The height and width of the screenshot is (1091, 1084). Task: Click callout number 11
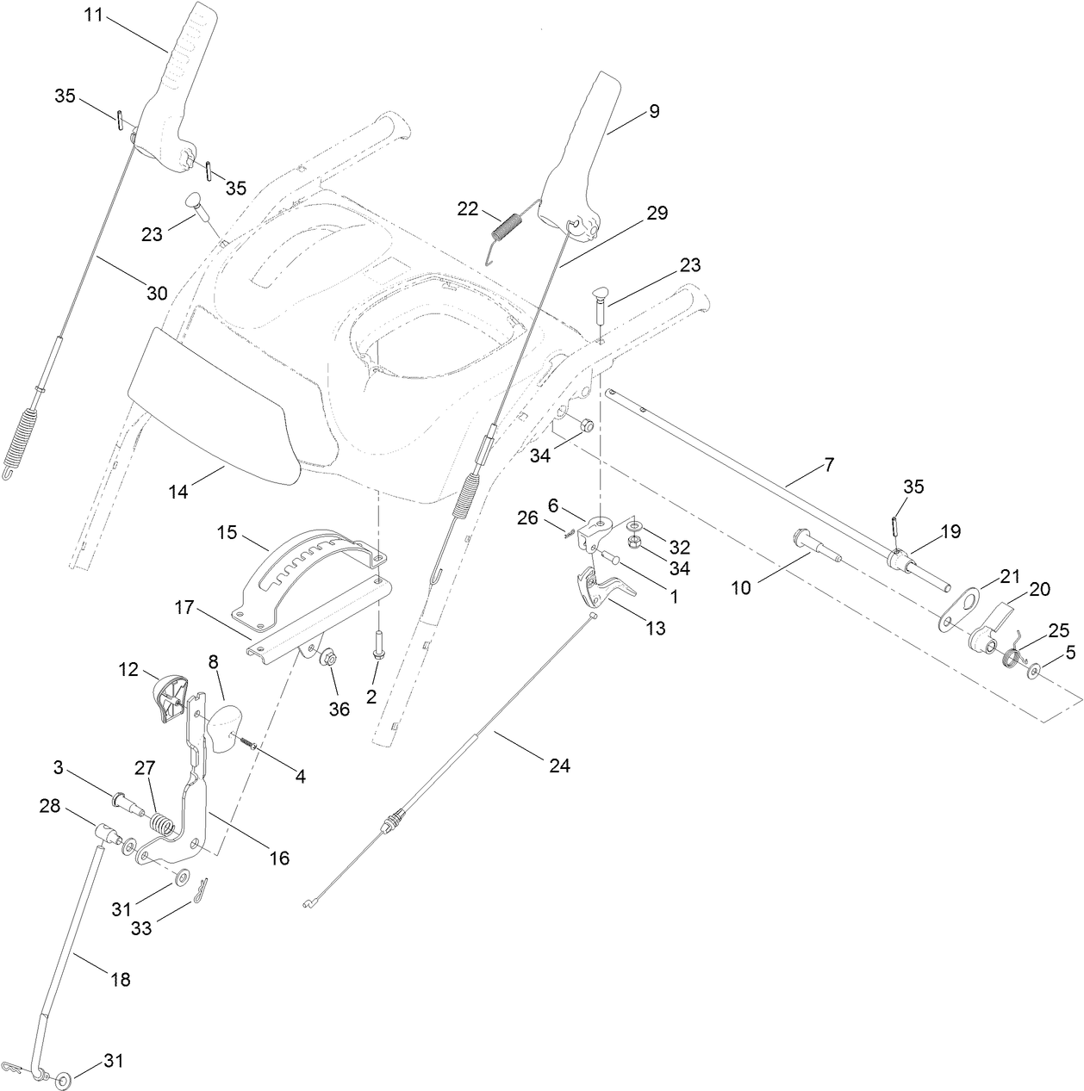(x=95, y=15)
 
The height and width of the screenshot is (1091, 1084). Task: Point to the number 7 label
(x=828, y=465)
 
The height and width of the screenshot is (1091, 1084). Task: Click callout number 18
(x=121, y=979)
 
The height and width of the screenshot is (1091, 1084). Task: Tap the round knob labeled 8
(x=223, y=728)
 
